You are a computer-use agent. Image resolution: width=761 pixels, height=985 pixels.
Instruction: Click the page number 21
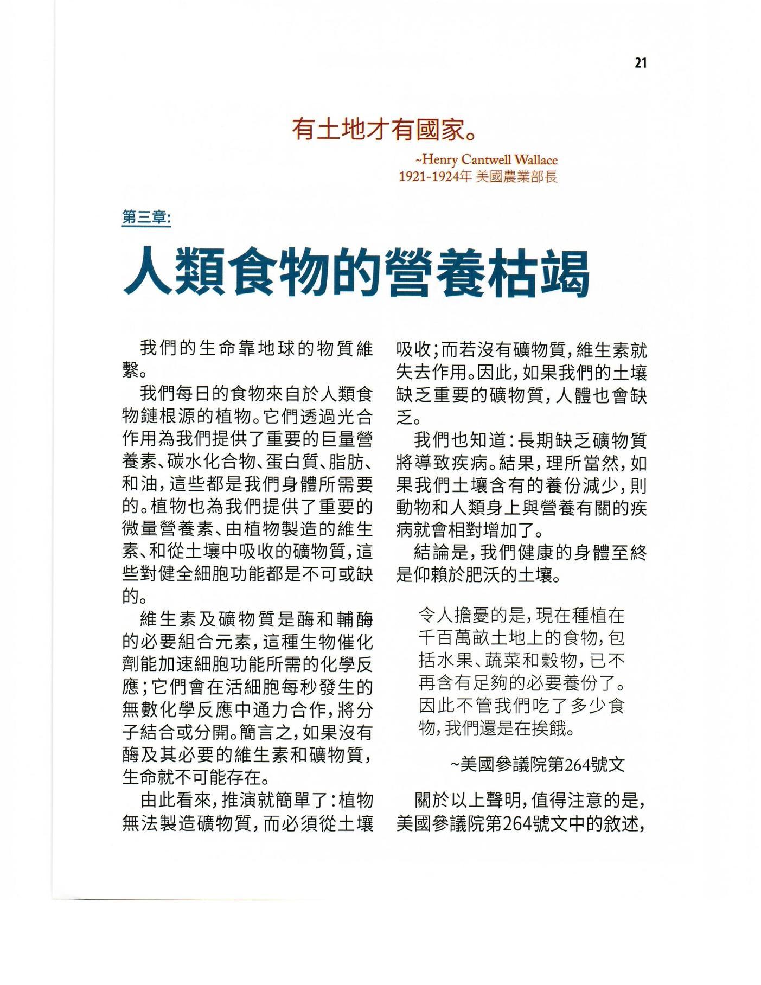pyautogui.click(x=640, y=63)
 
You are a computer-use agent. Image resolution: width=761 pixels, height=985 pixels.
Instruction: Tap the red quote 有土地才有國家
pyautogui.click(x=382, y=130)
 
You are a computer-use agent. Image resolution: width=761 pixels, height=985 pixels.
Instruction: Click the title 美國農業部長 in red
pyautogui.click(x=516, y=177)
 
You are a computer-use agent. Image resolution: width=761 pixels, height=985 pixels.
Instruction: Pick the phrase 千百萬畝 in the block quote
pyautogui.click(x=457, y=638)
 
